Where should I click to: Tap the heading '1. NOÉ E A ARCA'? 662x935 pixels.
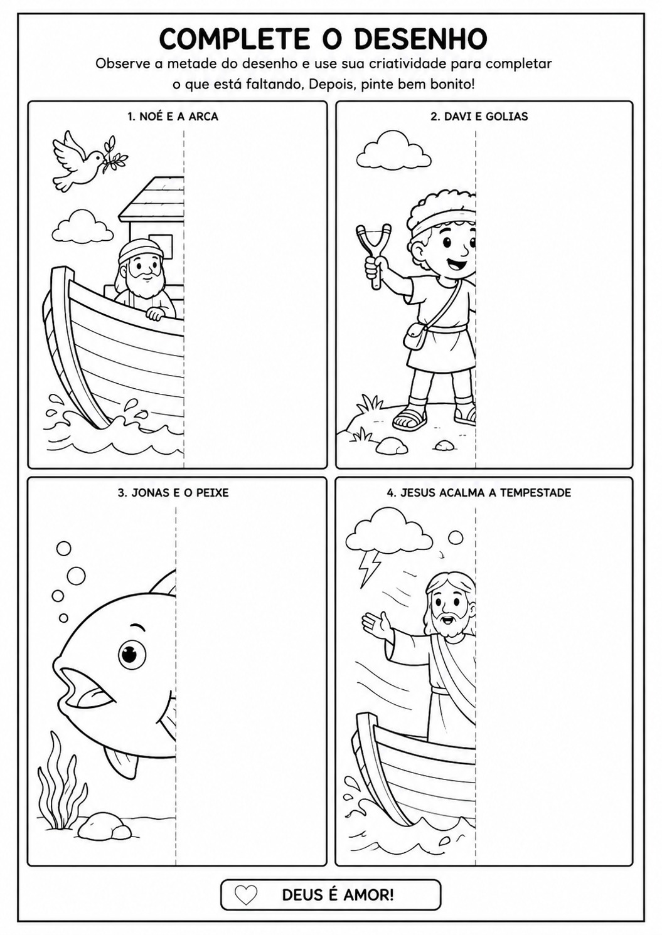pyautogui.click(x=173, y=117)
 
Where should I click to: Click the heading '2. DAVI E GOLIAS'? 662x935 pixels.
pyautogui.click(x=479, y=117)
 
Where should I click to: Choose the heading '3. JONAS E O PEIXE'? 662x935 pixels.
pyautogui.click(x=173, y=492)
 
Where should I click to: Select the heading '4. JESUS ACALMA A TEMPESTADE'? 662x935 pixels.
pyautogui.click(x=479, y=492)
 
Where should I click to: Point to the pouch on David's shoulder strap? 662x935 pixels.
pyautogui.click(x=415, y=335)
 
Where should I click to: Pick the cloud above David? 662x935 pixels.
pyautogui.click(x=394, y=149)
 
